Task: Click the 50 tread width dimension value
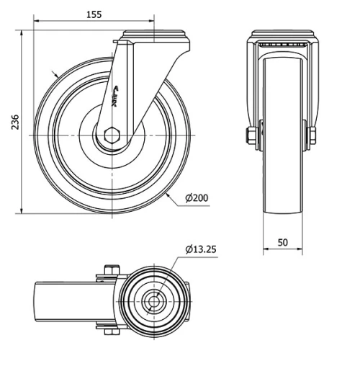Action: tap(283, 243)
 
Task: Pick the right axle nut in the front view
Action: tap(313, 135)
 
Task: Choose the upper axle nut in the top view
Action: tap(109, 272)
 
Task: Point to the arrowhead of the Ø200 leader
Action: tap(167, 192)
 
